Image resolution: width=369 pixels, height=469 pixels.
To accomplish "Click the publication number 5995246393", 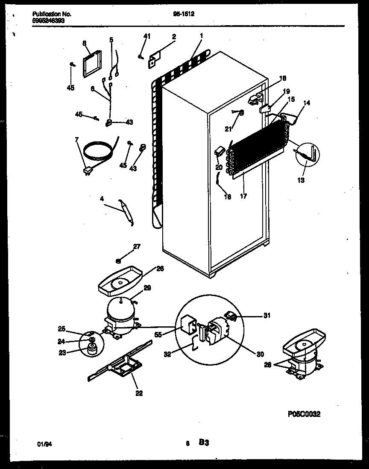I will (x=48, y=20).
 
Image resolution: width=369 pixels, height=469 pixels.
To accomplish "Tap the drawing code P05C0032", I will (x=304, y=414).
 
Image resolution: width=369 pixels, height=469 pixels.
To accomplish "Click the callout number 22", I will (x=139, y=393).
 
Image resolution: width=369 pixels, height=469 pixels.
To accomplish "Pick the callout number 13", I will (x=301, y=180).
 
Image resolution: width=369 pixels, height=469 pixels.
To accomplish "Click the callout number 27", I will (x=136, y=246).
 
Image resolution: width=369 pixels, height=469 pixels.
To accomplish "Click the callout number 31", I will (x=266, y=316).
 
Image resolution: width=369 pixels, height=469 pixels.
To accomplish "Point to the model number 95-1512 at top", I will (x=184, y=14).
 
